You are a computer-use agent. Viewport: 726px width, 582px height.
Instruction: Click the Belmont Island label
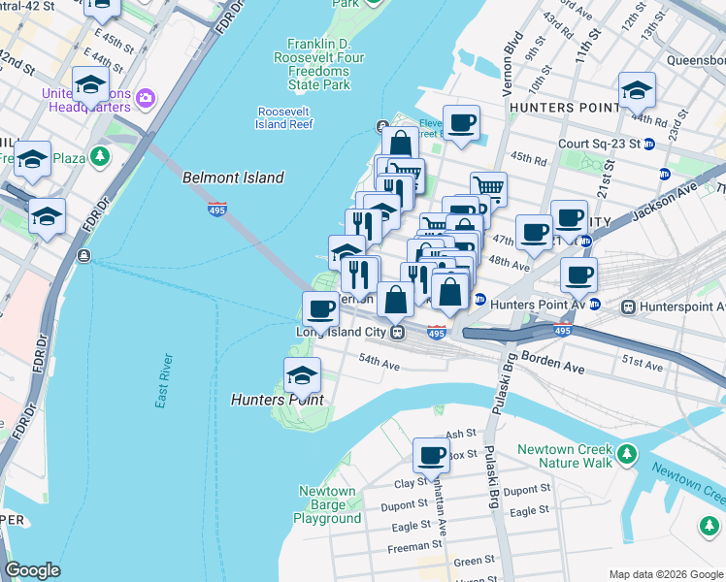[233, 178]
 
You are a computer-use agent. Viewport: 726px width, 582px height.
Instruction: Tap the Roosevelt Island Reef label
[284, 117]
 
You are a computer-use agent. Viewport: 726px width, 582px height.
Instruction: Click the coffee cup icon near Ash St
[431, 454]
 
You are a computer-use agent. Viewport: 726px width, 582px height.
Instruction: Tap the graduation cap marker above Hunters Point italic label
[302, 374]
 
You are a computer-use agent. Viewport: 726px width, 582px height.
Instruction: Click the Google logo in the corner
[32, 570]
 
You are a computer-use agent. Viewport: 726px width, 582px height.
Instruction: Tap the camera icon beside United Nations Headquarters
[146, 97]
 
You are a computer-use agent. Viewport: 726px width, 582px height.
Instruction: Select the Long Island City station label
[341, 332]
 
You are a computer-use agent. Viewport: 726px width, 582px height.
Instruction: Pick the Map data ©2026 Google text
[666, 574]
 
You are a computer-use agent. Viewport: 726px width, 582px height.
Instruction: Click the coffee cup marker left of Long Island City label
[320, 309]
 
